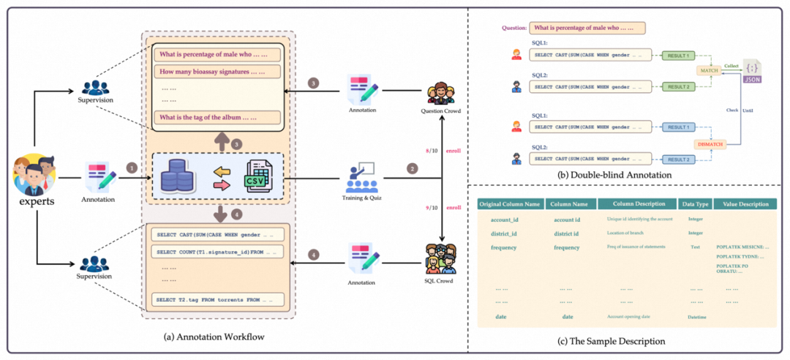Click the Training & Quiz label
click(360, 197)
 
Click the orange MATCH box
click(707, 70)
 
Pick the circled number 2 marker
click(412, 169)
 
